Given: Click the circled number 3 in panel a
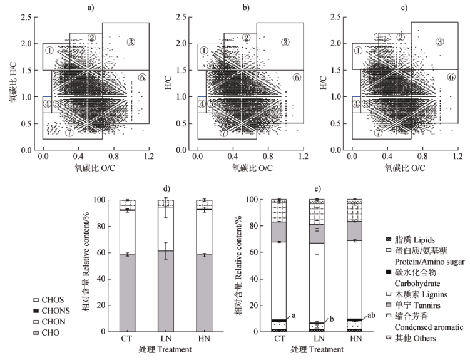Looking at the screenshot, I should [x=131, y=42].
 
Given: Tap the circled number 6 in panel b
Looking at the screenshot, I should [x=297, y=77].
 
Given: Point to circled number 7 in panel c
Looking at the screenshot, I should [x=378, y=133].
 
